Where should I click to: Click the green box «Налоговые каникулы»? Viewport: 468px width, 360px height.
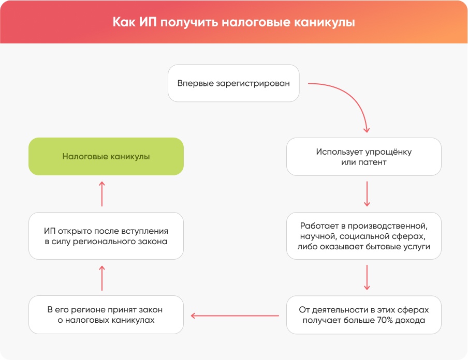click(106, 156)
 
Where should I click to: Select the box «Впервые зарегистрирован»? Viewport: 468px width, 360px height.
click(233, 83)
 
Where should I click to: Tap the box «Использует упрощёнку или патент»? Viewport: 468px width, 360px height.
click(363, 157)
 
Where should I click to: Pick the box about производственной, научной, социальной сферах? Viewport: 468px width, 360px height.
click(363, 236)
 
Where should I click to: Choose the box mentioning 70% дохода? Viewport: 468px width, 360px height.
click(363, 314)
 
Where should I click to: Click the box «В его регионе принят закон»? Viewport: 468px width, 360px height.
click(106, 314)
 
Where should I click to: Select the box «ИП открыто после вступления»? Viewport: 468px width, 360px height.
click(106, 236)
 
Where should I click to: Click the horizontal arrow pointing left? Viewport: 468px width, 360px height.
click(235, 316)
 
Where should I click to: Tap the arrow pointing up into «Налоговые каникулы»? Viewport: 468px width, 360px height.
click(102, 194)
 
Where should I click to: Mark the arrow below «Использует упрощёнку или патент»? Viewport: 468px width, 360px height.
click(367, 194)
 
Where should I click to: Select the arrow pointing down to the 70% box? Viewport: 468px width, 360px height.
click(367, 277)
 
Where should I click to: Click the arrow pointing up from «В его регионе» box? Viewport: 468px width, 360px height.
click(102, 278)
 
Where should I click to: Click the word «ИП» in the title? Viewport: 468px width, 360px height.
click(147, 22)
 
